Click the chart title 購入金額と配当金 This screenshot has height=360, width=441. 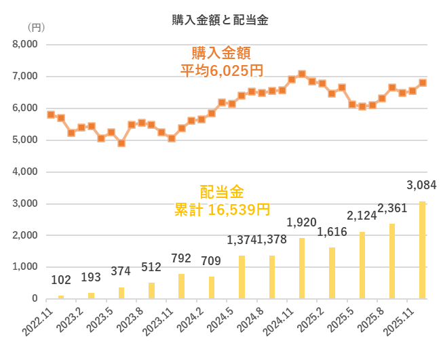click(x=220, y=20)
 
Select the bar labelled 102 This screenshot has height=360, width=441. click(x=61, y=296)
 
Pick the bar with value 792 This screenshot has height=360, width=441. click(x=181, y=285)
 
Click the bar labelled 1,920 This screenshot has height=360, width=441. click(x=302, y=268)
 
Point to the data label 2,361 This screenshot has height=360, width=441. click(x=391, y=207)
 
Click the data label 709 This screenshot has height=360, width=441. click(x=212, y=260)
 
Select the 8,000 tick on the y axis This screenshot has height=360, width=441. click(x=24, y=45)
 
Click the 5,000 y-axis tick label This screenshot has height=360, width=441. click(x=24, y=140)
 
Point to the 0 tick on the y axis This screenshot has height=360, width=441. click(x=33, y=299)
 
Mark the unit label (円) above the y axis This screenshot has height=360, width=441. click(x=34, y=28)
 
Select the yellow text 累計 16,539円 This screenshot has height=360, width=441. click(x=222, y=209)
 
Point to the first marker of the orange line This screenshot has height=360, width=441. click(x=51, y=115)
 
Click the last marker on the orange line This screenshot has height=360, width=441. click(x=422, y=83)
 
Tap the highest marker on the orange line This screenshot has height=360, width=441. click(x=302, y=74)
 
